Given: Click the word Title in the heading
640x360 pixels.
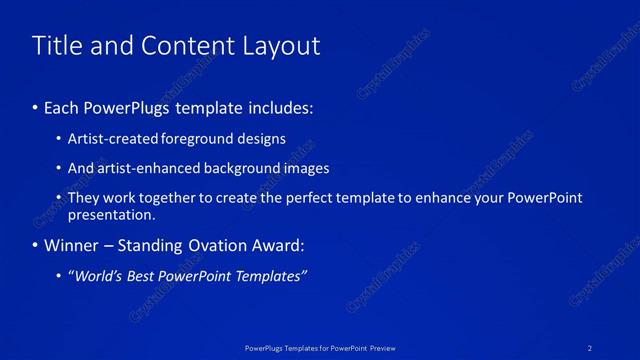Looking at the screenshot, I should point(57,46).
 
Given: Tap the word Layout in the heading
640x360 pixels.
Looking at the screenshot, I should point(277,46).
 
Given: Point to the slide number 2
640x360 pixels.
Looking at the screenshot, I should point(591,347).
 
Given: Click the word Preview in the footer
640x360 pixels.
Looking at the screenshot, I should point(381,347).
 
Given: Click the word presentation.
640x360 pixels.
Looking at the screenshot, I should point(111,214).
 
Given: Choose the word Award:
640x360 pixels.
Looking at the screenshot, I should point(279,245).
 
